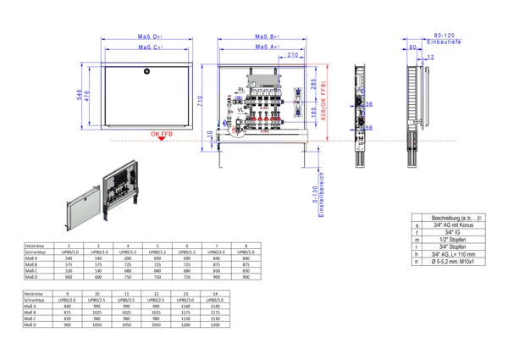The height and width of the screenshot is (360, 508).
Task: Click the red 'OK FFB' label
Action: [163, 135]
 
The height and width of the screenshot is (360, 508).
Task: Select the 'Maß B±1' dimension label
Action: [268, 36]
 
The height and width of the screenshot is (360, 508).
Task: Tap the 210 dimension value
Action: [292, 56]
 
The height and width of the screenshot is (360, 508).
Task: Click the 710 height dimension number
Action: [199, 100]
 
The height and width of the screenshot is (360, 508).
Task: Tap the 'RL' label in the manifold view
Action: [241, 88]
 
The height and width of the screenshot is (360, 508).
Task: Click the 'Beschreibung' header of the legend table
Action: [456, 218]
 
